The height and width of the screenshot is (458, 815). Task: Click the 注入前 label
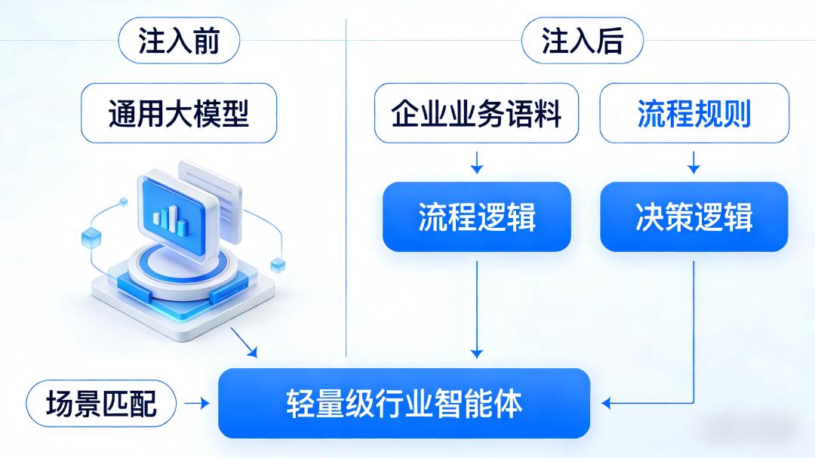[x=179, y=41]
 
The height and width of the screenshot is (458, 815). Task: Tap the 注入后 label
[x=582, y=41]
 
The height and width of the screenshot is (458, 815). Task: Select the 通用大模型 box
[x=179, y=113]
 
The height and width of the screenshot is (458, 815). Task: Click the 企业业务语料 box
[x=476, y=113]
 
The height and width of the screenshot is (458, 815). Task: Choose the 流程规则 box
[x=694, y=113]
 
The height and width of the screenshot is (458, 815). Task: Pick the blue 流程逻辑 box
[x=476, y=217]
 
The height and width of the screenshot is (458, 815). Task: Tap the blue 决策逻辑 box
[x=694, y=217]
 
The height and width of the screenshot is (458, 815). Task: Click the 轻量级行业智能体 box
[x=404, y=404]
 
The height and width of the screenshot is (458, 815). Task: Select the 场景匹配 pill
[x=101, y=404]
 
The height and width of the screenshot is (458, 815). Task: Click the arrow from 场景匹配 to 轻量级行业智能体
[x=198, y=404]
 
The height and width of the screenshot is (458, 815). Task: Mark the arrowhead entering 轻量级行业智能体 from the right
[x=606, y=404]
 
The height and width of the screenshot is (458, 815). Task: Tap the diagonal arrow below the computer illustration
[x=244, y=343]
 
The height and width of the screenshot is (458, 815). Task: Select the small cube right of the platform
[x=278, y=263]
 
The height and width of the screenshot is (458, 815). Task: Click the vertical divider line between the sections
[x=346, y=189]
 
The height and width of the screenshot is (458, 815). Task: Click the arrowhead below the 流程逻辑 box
[x=476, y=353]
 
